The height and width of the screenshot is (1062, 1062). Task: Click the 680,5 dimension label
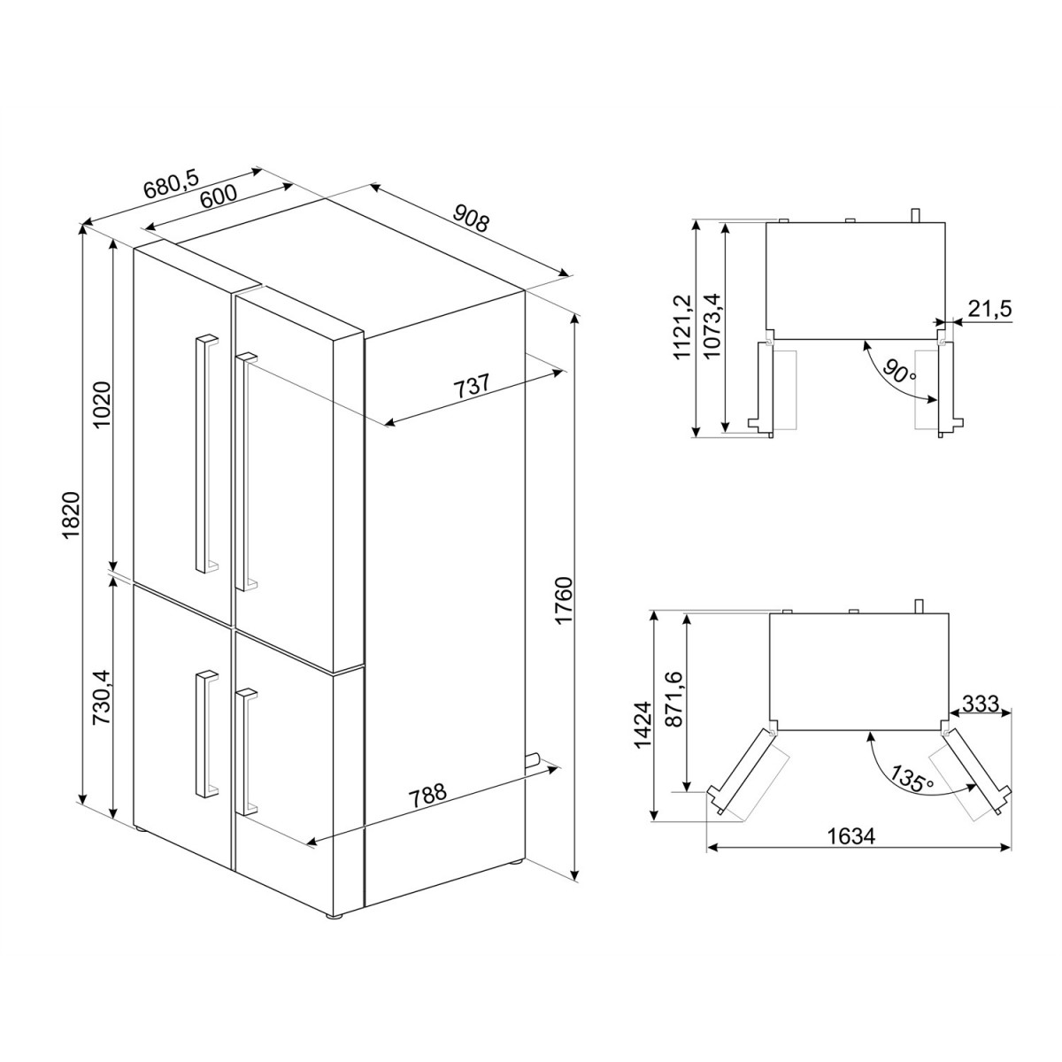point(172,184)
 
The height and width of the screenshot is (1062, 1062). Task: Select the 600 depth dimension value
point(219,196)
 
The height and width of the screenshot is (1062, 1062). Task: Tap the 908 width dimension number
point(471,217)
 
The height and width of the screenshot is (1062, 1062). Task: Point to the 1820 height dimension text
point(73,515)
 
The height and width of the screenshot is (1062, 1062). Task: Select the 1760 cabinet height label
point(565,601)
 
